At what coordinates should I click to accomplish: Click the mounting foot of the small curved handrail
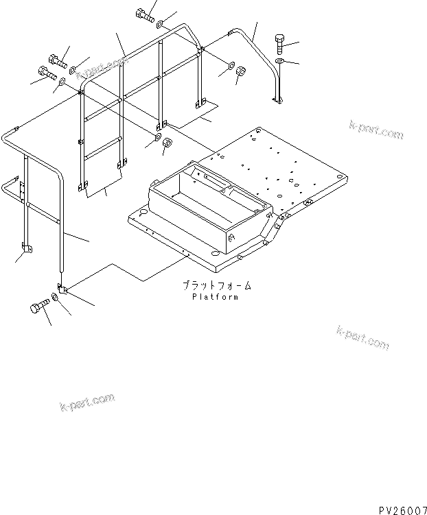click(x=277, y=101)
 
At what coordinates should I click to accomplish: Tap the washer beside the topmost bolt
click(x=159, y=26)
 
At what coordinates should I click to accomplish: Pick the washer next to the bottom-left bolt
click(x=56, y=302)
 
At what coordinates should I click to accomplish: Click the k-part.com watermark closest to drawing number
click(x=362, y=337)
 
